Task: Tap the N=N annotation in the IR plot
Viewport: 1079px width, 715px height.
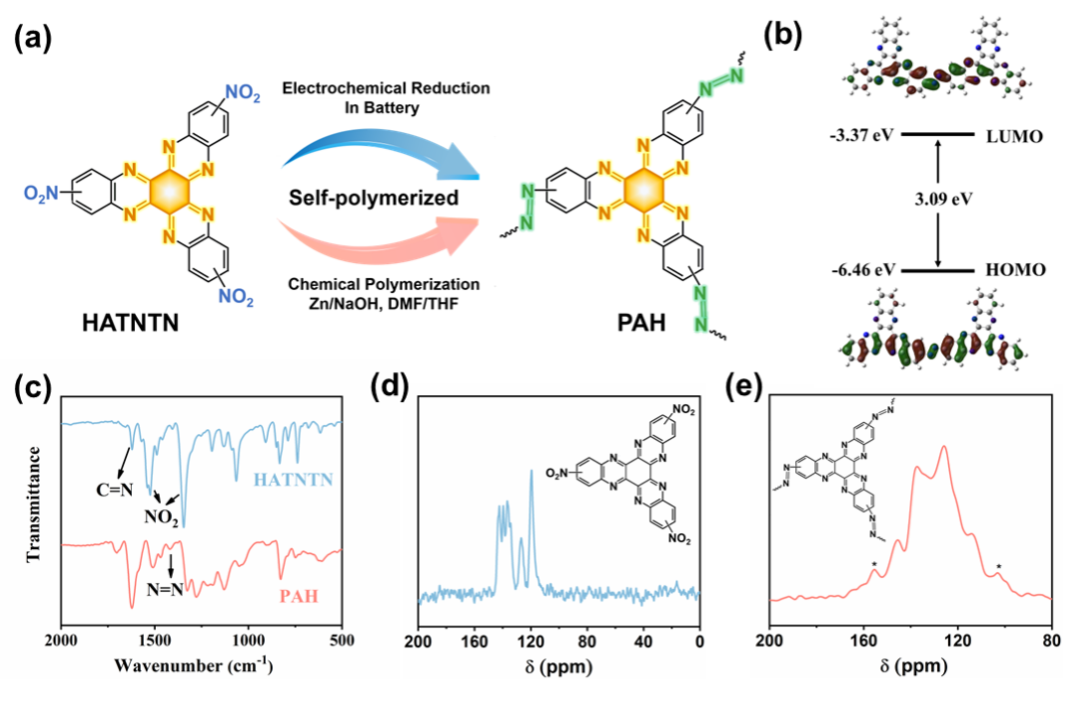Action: (x=163, y=588)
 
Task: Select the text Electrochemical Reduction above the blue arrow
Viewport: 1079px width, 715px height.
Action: (x=386, y=88)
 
